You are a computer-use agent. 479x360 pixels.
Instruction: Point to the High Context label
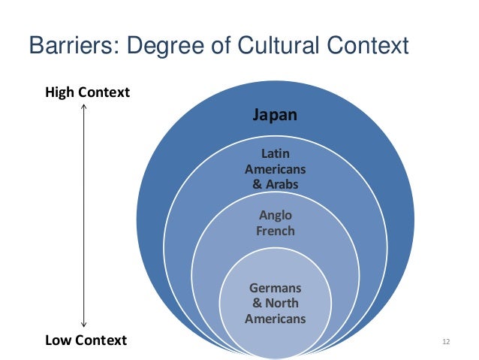pyautogui.click(x=87, y=92)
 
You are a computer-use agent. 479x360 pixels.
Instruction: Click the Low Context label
pyautogui.click(x=86, y=340)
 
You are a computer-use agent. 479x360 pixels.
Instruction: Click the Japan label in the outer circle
pyautogui.click(x=276, y=116)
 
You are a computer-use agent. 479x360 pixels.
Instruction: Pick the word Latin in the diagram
pyautogui.click(x=276, y=154)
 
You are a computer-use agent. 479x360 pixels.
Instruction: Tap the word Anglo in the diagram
pyautogui.click(x=276, y=216)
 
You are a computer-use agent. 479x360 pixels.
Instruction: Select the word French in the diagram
pyautogui.click(x=276, y=231)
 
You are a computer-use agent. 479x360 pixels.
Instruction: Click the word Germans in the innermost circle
pyautogui.click(x=276, y=289)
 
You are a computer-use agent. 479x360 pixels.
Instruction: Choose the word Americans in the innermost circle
pyautogui.click(x=276, y=318)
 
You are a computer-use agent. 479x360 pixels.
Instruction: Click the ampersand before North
pyautogui.click(x=257, y=304)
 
